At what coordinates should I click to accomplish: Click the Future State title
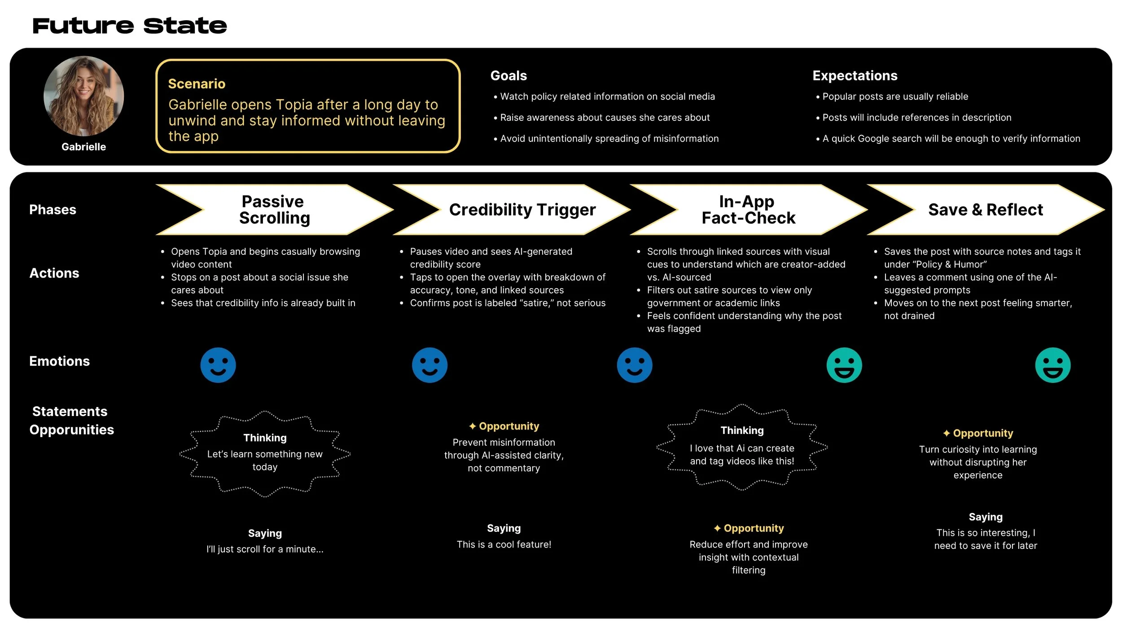tap(129, 26)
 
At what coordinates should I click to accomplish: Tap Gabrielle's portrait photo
tap(83, 96)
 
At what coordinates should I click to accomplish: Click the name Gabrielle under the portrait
tap(83, 147)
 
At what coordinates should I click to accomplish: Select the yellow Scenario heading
tap(197, 84)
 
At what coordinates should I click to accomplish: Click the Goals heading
tap(508, 75)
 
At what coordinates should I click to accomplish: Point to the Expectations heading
tap(855, 75)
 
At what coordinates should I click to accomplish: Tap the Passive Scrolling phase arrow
tap(274, 210)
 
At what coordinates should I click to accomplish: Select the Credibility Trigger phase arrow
tap(522, 210)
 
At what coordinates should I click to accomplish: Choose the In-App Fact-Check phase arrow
tap(748, 210)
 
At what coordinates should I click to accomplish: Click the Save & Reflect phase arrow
tap(985, 210)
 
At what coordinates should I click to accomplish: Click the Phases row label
tap(53, 210)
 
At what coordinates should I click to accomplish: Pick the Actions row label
tap(54, 273)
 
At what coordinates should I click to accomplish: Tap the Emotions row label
tap(59, 361)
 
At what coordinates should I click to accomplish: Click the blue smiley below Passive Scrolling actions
tap(218, 365)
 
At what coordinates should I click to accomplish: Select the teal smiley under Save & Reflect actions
tap(1052, 365)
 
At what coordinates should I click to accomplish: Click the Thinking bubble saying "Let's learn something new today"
tap(265, 453)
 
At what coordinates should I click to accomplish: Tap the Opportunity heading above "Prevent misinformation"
tap(504, 426)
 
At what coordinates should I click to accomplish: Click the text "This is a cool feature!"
tap(504, 544)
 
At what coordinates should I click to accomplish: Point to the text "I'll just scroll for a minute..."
tap(265, 549)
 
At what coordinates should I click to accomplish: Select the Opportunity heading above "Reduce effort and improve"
tap(749, 528)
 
